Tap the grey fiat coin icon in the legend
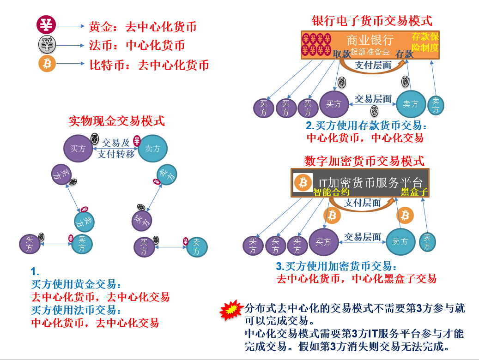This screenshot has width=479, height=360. [x=46, y=44]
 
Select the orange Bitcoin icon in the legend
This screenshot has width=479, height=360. [x=46, y=64]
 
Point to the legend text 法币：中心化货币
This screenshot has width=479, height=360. [x=137, y=46]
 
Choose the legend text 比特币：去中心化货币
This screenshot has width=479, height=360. [x=149, y=65]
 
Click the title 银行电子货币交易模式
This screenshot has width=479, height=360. [x=372, y=21]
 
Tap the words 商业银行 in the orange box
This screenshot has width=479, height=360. [x=370, y=40]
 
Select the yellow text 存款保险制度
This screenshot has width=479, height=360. [x=425, y=42]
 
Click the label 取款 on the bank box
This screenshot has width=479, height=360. [x=341, y=54]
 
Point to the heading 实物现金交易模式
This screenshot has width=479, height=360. [x=116, y=121]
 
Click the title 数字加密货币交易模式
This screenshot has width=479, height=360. [x=364, y=161]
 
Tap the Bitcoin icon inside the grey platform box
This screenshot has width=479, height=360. [x=303, y=182]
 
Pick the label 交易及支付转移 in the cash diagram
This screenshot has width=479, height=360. [x=115, y=149]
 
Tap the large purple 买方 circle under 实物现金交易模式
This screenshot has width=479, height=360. [x=78, y=149]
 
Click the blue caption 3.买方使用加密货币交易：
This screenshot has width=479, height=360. [x=336, y=266]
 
